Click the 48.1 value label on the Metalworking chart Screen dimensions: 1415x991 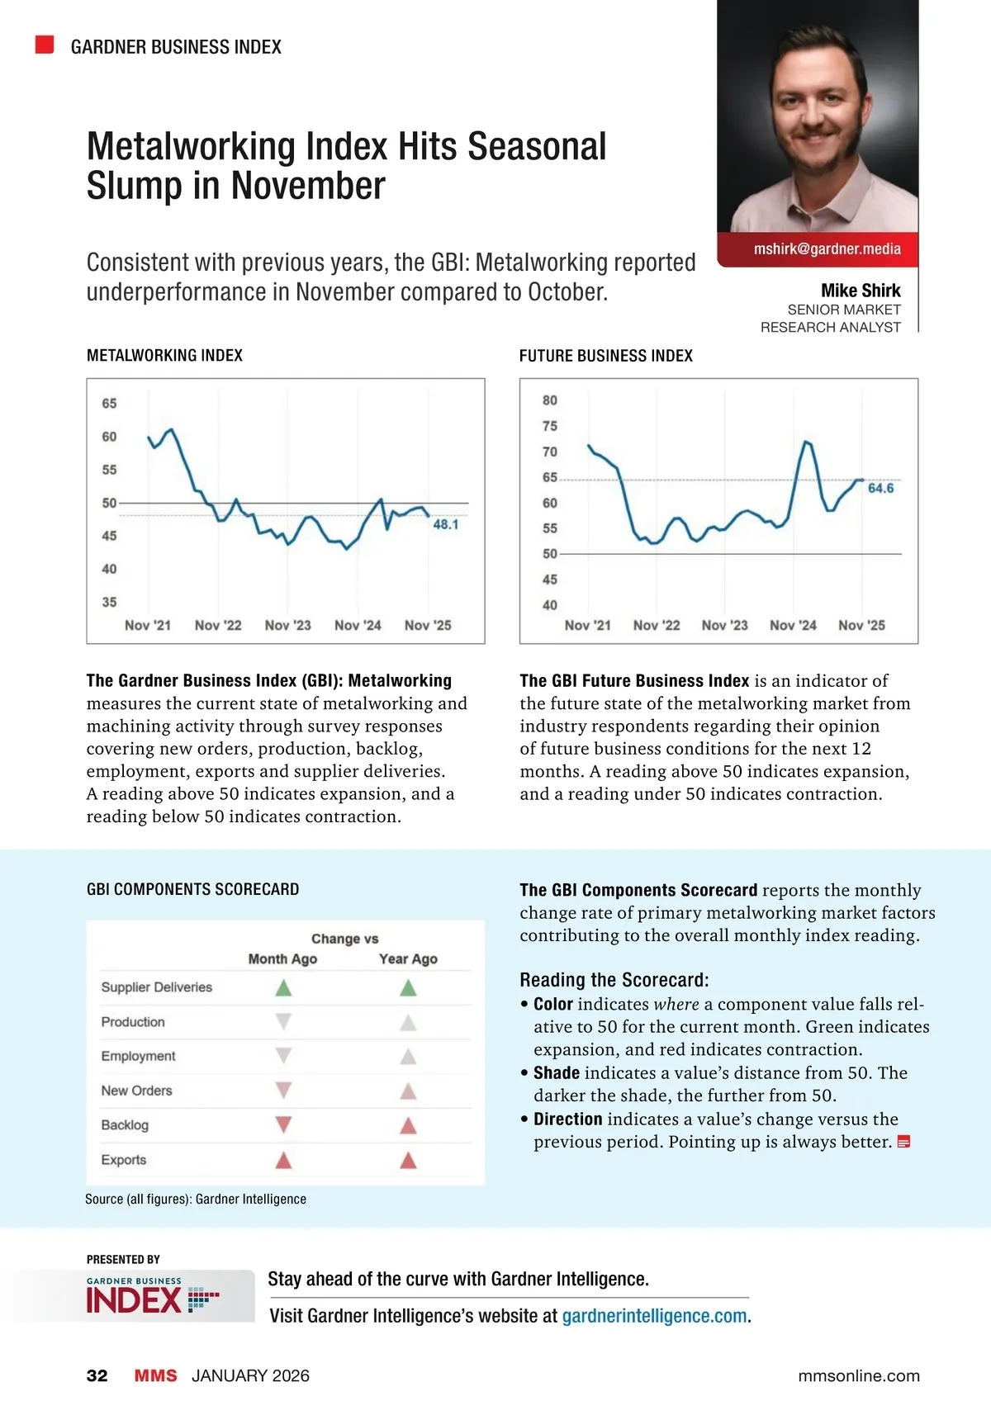click(x=445, y=524)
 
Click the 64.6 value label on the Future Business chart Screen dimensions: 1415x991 click(x=880, y=489)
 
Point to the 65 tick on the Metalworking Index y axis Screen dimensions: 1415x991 click(x=109, y=404)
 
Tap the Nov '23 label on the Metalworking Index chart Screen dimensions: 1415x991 click(x=287, y=626)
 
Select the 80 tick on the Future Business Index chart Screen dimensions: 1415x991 click(x=550, y=400)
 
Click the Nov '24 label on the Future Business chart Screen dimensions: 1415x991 click(x=793, y=626)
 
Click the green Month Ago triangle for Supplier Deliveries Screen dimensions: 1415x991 click(x=283, y=987)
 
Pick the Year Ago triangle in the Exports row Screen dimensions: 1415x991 click(x=408, y=1160)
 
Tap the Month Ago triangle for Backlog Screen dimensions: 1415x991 click(x=283, y=1124)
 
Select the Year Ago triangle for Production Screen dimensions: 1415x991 click(x=408, y=1023)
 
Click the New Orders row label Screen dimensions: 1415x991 click(x=137, y=1091)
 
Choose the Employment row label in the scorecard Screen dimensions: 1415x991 click(x=138, y=1056)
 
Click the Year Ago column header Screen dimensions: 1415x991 click(x=408, y=958)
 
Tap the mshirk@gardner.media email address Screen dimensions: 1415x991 click(x=827, y=249)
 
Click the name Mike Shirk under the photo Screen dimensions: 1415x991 click(x=861, y=291)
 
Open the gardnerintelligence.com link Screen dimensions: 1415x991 click(x=655, y=1316)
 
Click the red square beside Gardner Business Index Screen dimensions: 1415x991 click(x=45, y=45)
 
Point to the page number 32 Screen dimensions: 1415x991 click(x=97, y=1375)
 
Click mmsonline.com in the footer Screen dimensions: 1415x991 click(x=859, y=1375)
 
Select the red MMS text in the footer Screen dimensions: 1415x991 click(x=155, y=1375)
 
